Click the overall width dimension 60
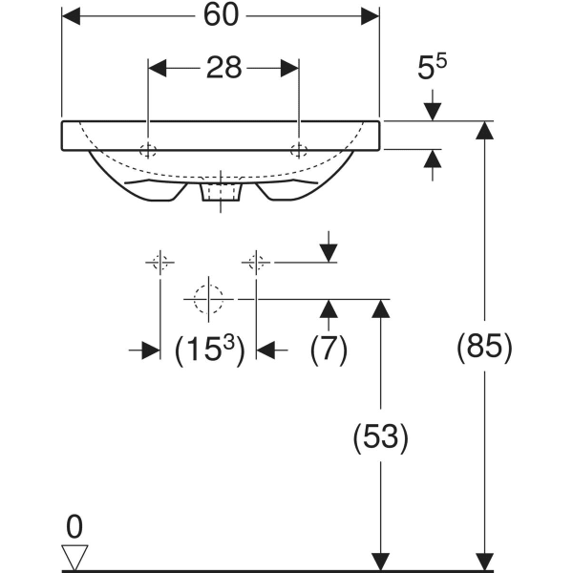tap(221, 16)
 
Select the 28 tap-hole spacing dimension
tap(223, 68)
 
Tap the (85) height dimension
tap(485, 346)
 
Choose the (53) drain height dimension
tap(381, 437)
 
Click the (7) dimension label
tap(329, 350)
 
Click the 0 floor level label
tap(75, 525)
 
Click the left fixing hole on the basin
tap(148, 149)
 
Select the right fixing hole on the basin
tap(299, 149)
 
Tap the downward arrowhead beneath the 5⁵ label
tap(434, 111)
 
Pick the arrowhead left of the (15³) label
tap(150, 350)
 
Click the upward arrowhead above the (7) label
tap(329, 308)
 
